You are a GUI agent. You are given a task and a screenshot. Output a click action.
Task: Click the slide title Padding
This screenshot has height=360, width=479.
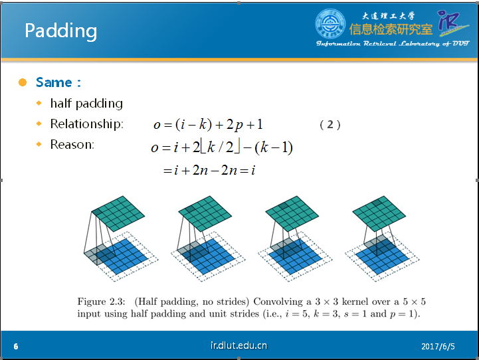61,31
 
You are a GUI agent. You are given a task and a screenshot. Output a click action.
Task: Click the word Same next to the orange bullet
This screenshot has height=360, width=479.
54,82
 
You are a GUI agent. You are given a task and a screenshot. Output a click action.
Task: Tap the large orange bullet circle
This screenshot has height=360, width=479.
23,82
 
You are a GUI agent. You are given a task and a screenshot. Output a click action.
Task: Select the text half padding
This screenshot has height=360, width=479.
86,104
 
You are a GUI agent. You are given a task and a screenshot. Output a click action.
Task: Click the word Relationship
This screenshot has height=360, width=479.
86,124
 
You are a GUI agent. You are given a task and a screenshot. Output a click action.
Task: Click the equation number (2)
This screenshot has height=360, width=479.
330,125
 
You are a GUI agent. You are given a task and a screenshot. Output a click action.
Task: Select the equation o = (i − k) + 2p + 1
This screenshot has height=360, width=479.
208,125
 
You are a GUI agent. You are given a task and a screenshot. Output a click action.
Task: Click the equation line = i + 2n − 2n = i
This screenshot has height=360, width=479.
209,170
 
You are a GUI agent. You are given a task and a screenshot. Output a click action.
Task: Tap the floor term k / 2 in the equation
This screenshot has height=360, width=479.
220,147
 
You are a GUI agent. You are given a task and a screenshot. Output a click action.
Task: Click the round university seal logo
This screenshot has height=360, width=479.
330,24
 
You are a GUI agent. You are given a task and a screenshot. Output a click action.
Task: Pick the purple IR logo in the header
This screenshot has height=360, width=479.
452,22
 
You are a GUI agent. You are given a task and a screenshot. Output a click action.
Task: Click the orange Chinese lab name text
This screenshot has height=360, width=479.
391,30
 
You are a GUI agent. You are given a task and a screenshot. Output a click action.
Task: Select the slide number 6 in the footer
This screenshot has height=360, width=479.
16,346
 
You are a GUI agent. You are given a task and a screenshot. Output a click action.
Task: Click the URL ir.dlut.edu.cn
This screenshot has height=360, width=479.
239,345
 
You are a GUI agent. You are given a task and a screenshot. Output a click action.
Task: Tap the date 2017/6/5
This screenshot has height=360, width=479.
438,347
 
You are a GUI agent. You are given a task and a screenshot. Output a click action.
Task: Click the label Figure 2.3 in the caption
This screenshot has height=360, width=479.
101,302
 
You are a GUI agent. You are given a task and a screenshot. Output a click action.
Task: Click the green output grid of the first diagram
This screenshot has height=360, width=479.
118,213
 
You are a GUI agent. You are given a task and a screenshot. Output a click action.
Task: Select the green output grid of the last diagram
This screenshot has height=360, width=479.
379,213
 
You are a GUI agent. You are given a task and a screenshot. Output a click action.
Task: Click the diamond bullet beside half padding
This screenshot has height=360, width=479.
39,103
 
